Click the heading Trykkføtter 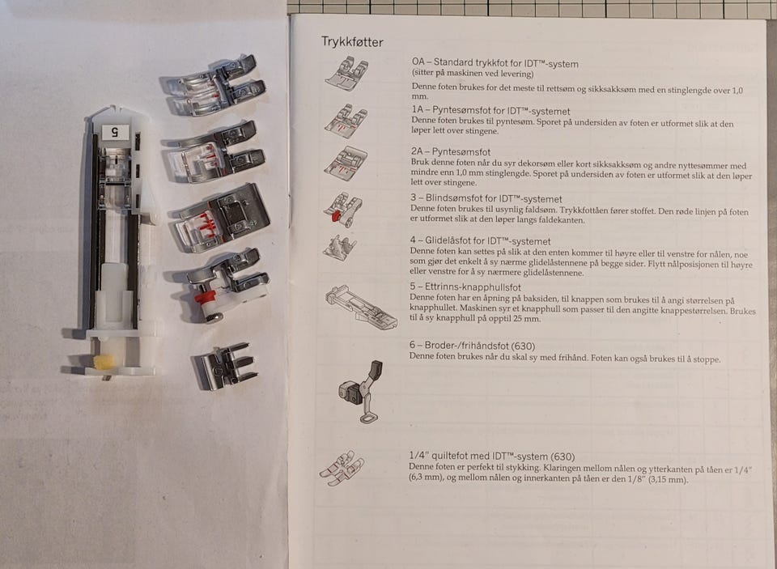tap(352, 41)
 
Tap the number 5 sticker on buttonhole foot tap(115, 132)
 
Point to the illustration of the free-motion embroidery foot tap(361, 392)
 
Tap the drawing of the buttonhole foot tap(361, 308)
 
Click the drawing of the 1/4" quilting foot tap(342, 468)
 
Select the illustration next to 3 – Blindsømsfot tap(343, 210)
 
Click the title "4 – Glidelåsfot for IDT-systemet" tap(480, 241)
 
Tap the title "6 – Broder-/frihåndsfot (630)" tap(472, 346)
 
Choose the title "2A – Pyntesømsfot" tap(451, 151)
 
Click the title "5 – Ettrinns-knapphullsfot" tap(465, 287)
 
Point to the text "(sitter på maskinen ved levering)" tap(473, 74)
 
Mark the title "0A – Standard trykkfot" tap(460, 62)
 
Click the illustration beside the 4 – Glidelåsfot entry tap(339, 248)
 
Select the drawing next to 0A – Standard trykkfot tap(347, 74)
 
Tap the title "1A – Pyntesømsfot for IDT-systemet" tap(490, 111)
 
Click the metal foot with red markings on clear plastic tap(220, 218)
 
